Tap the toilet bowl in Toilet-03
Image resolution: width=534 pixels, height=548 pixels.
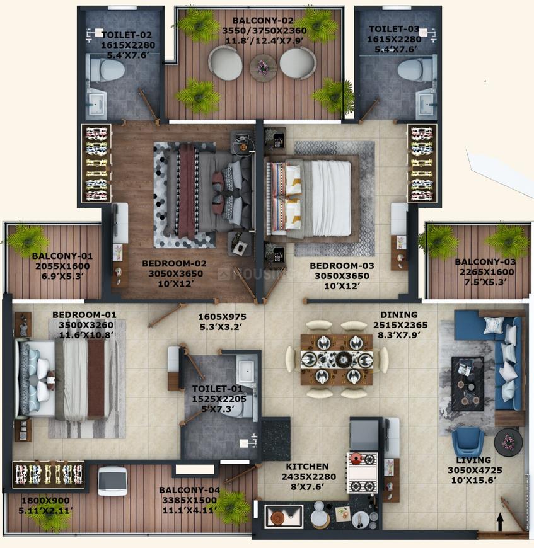(x=415, y=70)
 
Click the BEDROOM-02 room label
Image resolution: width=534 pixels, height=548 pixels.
(x=174, y=263)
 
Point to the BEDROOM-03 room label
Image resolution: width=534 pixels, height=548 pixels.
(x=342, y=266)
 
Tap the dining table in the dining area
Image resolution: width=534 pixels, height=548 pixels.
(x=337, y=360)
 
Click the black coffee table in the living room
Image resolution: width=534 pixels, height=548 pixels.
(x=468, y=384)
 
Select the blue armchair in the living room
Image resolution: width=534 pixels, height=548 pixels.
(x=468, y=443)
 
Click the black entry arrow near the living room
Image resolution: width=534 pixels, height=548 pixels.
(x=500, y=522)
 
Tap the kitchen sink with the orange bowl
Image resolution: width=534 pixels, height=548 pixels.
(x=283, y=517)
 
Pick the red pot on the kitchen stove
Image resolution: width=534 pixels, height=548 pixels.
(x=356, y=458)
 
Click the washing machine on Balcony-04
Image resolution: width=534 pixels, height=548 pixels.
(x=112, y=481)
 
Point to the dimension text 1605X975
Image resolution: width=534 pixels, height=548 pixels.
(x=222, y=317)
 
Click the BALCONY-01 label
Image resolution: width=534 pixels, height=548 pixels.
(x=62, y=256)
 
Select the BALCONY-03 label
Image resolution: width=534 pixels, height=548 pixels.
(x=485, y=262)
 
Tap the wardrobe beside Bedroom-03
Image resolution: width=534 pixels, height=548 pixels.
(x=422, y=163)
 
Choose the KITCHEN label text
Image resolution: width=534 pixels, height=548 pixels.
(x=307, y=467)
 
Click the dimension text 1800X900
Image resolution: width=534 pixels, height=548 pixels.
(x=45, y=501)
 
